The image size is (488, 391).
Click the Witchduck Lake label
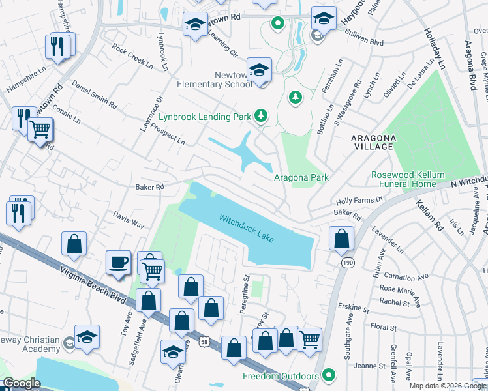point(247,229)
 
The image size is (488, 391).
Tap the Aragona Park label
point(300,177)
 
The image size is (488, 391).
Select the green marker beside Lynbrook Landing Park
point(261,115)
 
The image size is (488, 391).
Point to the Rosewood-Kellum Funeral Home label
point(403,179)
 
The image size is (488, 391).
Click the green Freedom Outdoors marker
point(329,375)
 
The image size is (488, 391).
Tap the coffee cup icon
point(118,262)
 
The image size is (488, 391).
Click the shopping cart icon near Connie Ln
point(40,130)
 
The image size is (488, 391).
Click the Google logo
point(22,383)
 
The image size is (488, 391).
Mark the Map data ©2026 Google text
point(446,386)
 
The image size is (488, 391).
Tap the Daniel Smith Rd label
point(95,95)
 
